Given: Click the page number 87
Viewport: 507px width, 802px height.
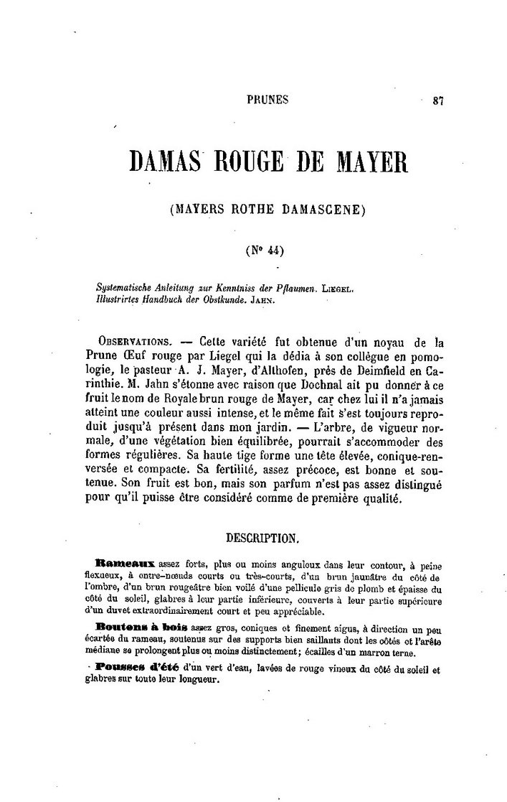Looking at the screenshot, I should pos(439,101).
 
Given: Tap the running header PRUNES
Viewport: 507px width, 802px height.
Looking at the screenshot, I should pos(267,101).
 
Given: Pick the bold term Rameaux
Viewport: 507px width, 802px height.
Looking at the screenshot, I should pos(124,564).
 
